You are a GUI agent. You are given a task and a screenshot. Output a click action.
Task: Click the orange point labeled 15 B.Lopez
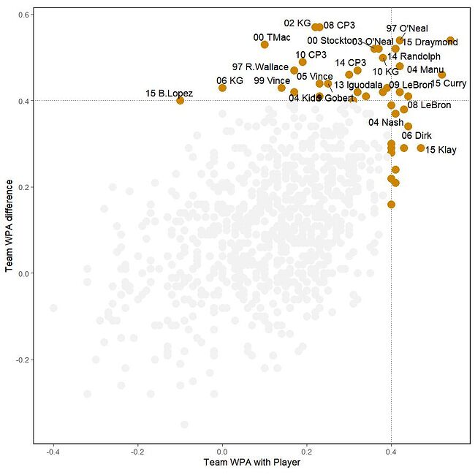pos(180,100)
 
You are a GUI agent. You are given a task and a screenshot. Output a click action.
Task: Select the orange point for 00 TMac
pos(265,45)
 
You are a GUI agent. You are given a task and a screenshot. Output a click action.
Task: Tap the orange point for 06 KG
pos(222,88)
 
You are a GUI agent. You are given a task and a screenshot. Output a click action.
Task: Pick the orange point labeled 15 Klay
pos(421,148)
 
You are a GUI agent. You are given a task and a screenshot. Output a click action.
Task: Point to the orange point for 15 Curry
pos(442,75)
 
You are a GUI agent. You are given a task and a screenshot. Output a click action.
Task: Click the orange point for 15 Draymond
pos(450,40)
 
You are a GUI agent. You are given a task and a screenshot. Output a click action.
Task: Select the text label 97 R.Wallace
pos(261,67)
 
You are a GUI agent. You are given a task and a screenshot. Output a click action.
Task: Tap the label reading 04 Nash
pos(386,123)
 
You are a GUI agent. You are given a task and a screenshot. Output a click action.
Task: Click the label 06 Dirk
pos(417,136)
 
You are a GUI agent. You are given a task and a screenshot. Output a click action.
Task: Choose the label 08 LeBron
pos(429,105)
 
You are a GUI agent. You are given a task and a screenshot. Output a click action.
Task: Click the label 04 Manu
pos(425,70)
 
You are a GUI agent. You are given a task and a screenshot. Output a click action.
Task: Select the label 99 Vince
pos(272,80)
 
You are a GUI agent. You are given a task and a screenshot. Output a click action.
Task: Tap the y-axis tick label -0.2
pos(21,360)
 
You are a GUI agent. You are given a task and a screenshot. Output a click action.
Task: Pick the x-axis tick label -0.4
pos(53,451)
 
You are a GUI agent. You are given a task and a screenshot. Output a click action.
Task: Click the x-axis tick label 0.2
pos(307,451)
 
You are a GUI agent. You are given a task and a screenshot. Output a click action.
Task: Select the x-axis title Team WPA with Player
pos(252,463)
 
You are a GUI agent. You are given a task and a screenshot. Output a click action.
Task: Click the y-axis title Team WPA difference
pos(9,228)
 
